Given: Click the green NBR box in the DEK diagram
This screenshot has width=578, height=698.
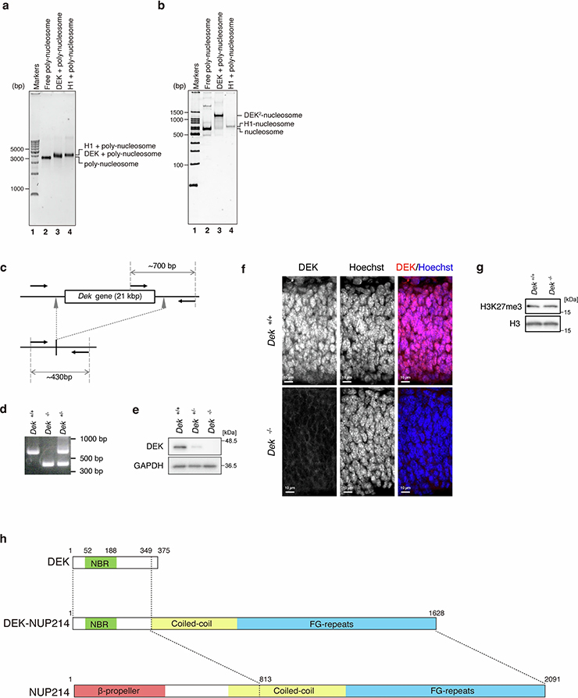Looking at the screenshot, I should coord(100,561).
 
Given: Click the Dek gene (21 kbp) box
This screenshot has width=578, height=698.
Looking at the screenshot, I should coord(109,297).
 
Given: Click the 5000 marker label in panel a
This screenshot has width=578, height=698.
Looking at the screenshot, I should coord(18,148).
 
